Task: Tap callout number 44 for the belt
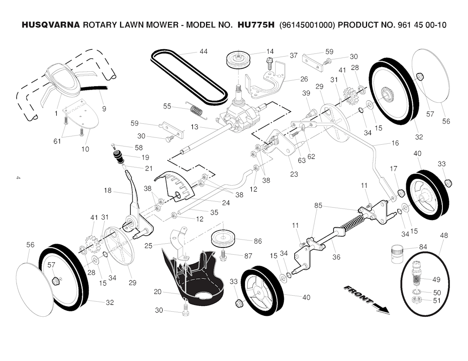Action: point(203,52)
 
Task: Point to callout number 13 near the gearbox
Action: point(195,127)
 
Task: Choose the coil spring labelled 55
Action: point(196,110)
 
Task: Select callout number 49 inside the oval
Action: point(436,280)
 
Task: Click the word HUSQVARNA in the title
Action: point(51,25)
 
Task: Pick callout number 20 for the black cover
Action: point(158,292)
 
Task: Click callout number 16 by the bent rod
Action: point(395,143)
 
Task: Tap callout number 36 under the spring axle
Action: point(336,256)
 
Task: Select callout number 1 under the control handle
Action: point(56,112)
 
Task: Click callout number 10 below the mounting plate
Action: point(85,149)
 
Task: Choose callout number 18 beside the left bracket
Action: point(108,191)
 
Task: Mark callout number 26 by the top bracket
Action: point(304,79)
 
